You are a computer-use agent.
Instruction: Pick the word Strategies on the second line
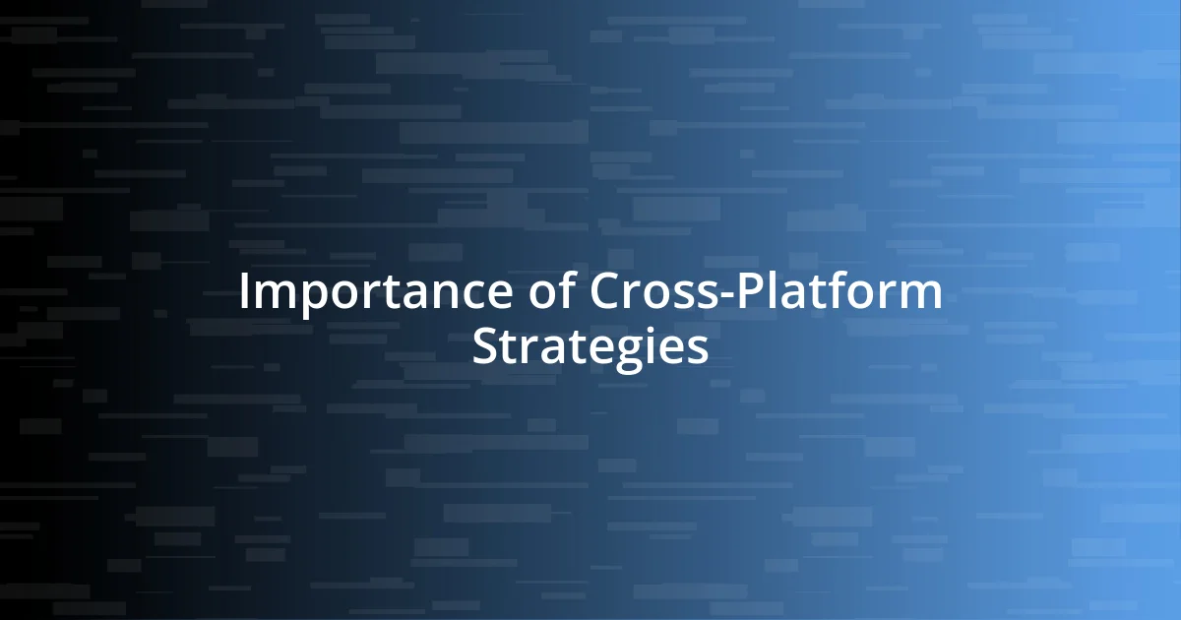[x=590, y=346]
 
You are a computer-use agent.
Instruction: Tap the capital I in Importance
[x=244, y=294]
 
